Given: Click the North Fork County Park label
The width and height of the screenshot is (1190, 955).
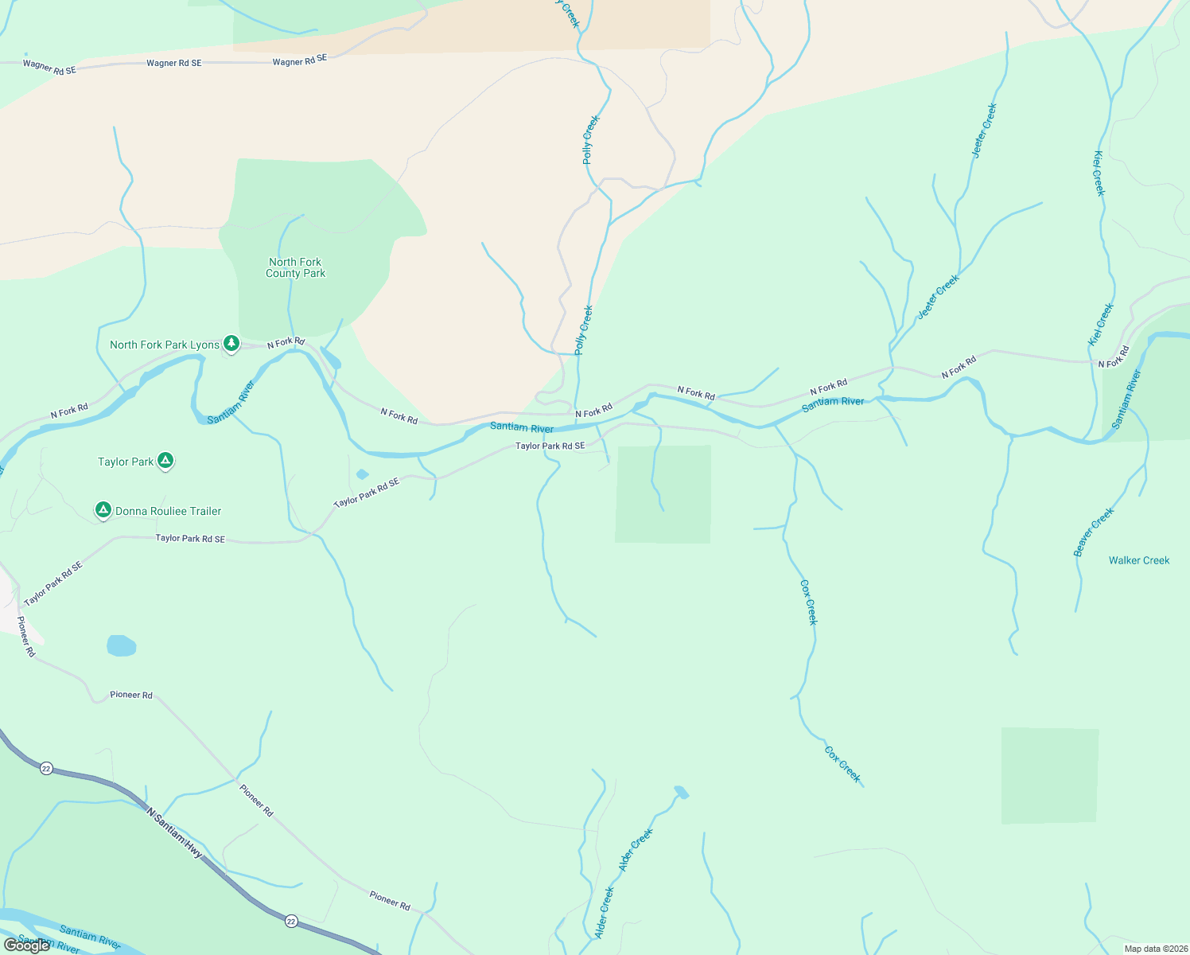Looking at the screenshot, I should click(x=295, y=267).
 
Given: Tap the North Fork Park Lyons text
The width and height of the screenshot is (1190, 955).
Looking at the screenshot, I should click(x=164, y=345).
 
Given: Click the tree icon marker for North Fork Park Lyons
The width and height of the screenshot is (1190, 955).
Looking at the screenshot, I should click(x=231, y=344).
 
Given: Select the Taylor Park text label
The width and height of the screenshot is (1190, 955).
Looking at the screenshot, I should click(x=126, y=462).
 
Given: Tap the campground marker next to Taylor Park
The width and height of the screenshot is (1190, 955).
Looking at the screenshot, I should click(x=165, y=460).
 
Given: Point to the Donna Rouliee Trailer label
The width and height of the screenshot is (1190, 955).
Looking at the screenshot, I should click(x=168, y=511).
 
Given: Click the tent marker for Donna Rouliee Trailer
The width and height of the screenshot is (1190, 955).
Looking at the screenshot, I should click(x=103, y=509).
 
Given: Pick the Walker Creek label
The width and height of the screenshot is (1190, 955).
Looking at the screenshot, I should click(x=1139, y=560).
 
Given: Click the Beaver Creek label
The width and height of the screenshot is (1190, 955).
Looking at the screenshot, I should click(x=1094, y=532).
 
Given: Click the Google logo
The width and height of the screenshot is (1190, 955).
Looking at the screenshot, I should click(x=26, y=945).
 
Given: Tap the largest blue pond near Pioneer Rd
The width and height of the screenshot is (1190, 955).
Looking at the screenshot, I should click(x=121, y=645).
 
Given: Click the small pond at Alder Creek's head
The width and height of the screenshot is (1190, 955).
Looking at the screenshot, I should click(x=681, y=792).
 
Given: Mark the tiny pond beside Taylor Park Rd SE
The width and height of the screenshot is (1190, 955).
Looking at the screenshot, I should click(x=362, y=474).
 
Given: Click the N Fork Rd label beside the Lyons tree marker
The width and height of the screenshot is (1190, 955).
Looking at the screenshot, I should click(x=286, y=342).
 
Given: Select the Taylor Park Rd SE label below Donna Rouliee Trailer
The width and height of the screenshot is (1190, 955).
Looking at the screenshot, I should click(x=190, y=539).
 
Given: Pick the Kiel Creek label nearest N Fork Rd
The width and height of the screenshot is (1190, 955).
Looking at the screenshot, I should click(x=1101, y=324).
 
